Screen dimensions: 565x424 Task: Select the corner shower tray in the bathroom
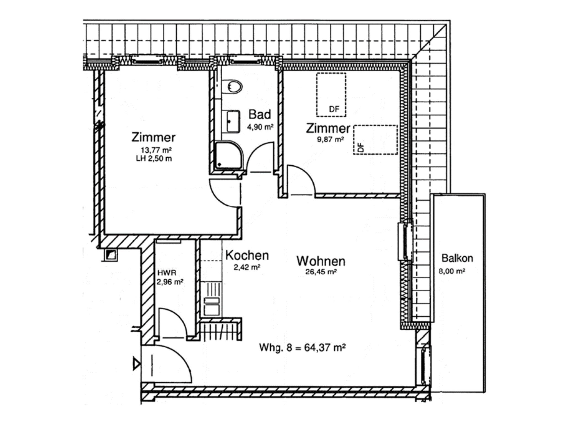click(229, 155)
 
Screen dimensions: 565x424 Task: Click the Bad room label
click(260, 114)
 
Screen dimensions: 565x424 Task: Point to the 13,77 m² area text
click(156, 150)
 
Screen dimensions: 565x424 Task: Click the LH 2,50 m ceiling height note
click(154, 159)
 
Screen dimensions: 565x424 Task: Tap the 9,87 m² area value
click(330, 139)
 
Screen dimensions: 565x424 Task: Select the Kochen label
click(247, 256)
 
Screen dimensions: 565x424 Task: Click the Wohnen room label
click(321, 261)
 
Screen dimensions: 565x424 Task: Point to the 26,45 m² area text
click(321, 272)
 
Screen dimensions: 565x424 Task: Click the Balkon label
click(457, 258)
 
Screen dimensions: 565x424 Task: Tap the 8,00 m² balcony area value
click(452, 271)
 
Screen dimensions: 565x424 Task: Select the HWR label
click(167, 273)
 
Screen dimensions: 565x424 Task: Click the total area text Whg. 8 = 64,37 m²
click(302, 347)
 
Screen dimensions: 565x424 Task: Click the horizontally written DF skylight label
click(334, 109)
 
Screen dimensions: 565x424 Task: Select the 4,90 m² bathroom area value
click(260, 127)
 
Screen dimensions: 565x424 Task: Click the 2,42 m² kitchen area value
click(247, 267)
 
